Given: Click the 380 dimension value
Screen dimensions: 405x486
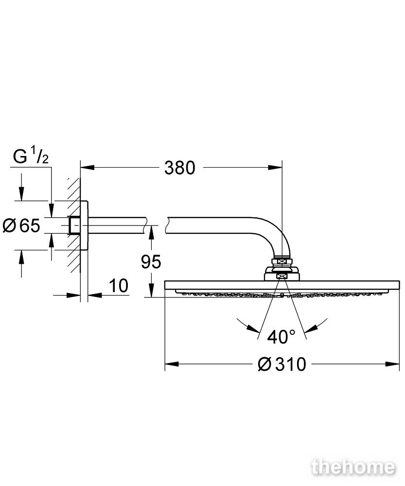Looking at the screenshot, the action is pos(179,168).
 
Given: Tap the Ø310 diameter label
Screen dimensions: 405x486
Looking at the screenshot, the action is pos(282,364).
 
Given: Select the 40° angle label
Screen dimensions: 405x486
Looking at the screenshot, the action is pos(282,337).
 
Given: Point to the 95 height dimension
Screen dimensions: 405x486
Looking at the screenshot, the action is pos(151,262).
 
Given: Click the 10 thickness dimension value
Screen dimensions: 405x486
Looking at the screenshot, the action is pos(119,285).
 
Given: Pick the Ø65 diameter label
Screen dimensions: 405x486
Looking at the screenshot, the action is pos(21,226).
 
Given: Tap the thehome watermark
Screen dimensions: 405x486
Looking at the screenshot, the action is pos(353,468).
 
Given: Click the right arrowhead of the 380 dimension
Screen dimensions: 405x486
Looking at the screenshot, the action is pos(275,168).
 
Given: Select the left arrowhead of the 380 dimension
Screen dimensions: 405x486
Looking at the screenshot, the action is pos(88,168).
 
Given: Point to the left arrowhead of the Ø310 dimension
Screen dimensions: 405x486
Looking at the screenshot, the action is pos(172,364).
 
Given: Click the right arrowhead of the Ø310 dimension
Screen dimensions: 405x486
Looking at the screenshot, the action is pos(392,364).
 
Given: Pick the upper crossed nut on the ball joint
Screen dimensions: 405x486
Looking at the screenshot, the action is pos(282,262).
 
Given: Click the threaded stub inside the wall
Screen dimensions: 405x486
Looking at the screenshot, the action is pos(75,226).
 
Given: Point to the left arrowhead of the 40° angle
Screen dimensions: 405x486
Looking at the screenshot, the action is pos(253,328).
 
